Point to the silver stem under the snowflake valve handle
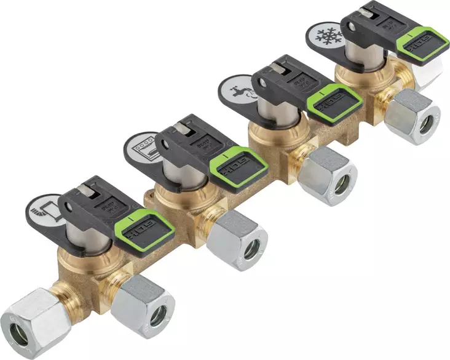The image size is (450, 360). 363,58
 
